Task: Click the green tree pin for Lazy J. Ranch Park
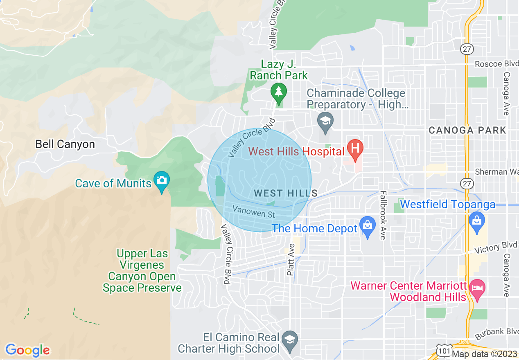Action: click(x=279, y=91)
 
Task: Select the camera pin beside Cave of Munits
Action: click(x=162, y=180)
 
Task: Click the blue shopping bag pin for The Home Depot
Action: click(x=367, y=226)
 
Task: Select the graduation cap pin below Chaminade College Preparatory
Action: click(x=325, y=121)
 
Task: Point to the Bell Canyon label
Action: click(x=65, y=144)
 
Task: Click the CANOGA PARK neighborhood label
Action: click(x=467, y=130)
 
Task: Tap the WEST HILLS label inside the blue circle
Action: click(x=285, y=193)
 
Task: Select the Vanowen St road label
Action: click(x=254, y=212)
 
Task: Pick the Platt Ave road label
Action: click(x=291, y=259)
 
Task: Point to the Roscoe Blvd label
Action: click(x=496, y=64)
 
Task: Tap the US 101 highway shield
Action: click(x=445, y=351)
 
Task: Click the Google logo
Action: click(x=27, y=350)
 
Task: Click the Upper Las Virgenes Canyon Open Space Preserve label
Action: click(x=142, y=271)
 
